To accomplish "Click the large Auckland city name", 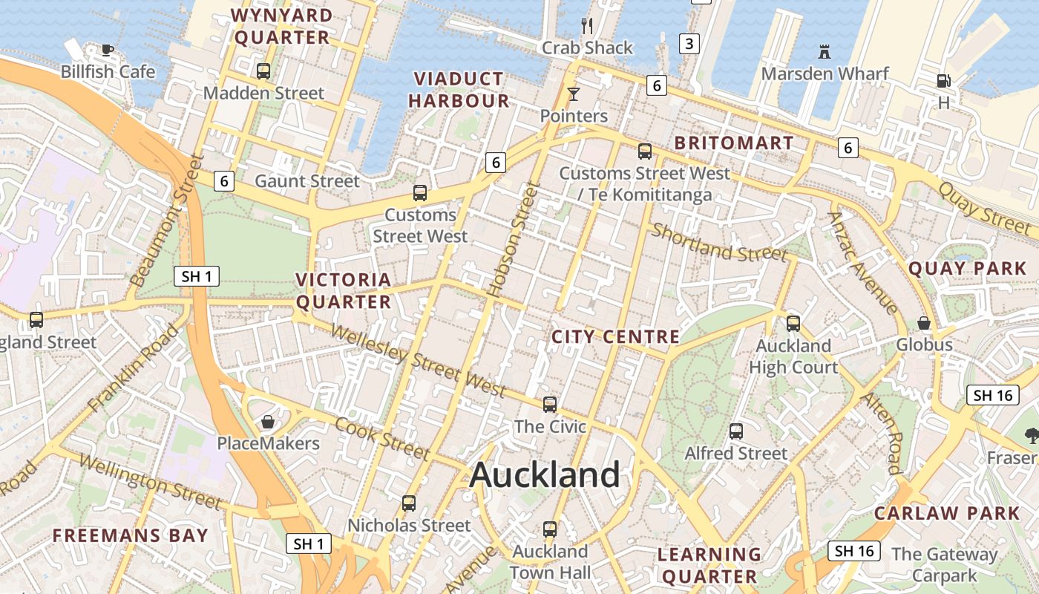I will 545,474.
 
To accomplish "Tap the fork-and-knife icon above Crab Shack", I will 587,26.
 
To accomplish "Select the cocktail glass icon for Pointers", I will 573,94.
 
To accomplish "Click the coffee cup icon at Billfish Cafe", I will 108,50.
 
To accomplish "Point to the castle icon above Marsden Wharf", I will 824,52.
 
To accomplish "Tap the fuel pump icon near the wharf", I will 943,80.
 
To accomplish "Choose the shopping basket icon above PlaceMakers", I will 268,422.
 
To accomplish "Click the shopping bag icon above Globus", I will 924,323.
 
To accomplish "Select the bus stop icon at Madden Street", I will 263,71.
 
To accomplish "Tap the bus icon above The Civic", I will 550,405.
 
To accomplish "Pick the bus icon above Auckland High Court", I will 793,323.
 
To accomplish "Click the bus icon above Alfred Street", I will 736,431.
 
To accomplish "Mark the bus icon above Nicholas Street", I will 409,503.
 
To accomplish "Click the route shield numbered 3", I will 689,44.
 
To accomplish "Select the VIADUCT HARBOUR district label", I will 459,90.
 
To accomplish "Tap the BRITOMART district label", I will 733,143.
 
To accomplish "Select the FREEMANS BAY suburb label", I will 130,535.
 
